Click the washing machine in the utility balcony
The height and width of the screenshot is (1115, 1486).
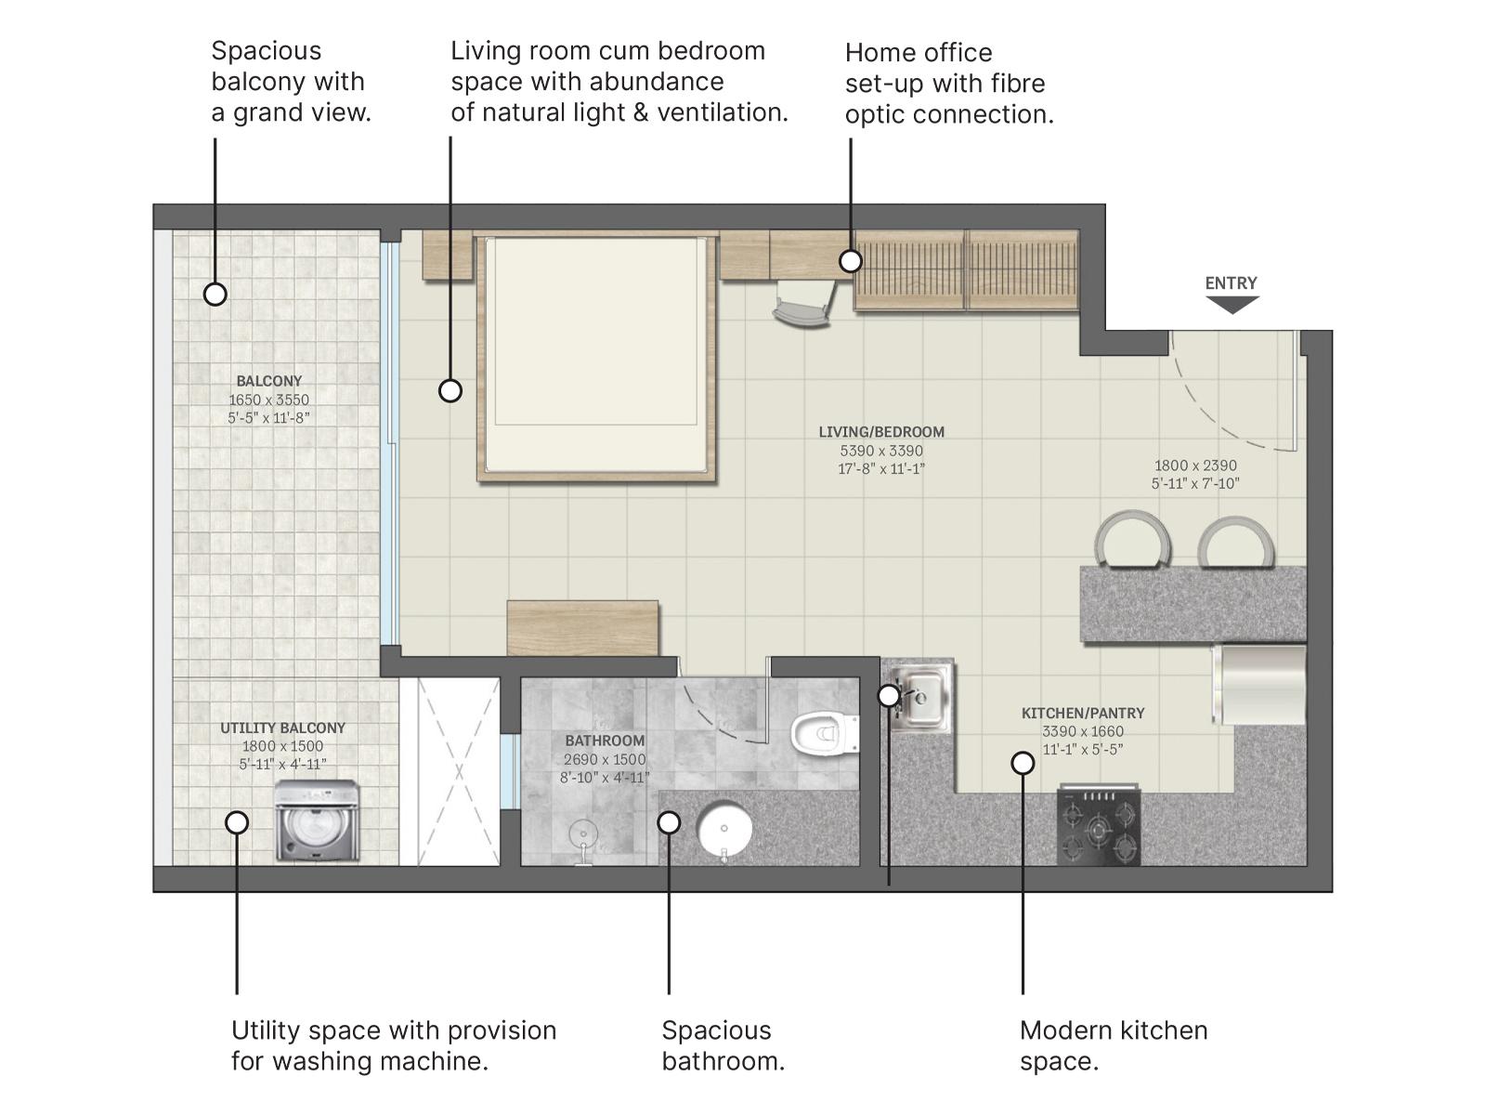pyautogui.click(x=318, y=821)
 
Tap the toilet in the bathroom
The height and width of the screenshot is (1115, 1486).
pyautogui.click(x=824, y=733)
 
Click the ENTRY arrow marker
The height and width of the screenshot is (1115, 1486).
pyautogui.click(x=1232, y=304)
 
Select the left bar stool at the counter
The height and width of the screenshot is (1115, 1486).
pyautogui.click(x=1132, y=541)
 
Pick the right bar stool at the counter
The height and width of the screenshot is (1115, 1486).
pyautogui.click(x=1234, y=544)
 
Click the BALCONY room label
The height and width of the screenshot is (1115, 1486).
pyautogui.click(x=268, y=381)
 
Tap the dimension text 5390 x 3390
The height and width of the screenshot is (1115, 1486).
pyautogui.click(x=881, y=451)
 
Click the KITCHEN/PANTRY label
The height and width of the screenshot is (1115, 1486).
pyautogui.click(x=1083, y=713)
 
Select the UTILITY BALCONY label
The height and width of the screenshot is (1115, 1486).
pyautogui.click(x=282, y=728)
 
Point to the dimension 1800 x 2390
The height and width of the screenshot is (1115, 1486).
pyautogui.click(x=1195, y=466)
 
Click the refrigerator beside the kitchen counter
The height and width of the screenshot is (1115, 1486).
pyautogui.click(x=1258, y=685)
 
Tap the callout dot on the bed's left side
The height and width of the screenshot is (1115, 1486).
pyautogui.click(x=450, y=391)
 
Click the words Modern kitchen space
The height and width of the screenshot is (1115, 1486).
pyautogui.click(x=1113, y=1045)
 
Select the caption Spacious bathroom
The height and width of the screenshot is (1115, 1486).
pyautogui.click(x=723, y=1045)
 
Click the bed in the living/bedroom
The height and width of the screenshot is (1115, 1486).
pyautogui.click(x=596, y=358)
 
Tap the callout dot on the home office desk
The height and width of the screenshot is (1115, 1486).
pyautogui.click(x=850, y=261)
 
